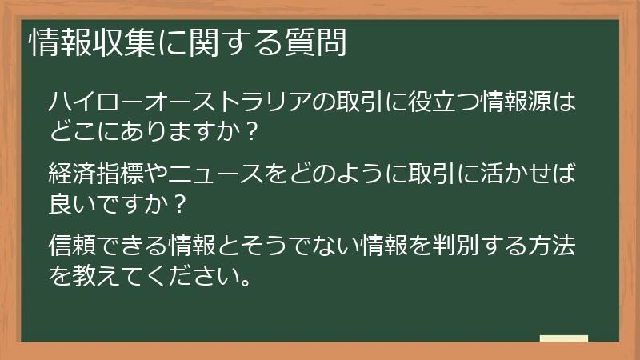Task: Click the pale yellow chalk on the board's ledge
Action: pyautogui.click(x=563, y=339)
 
